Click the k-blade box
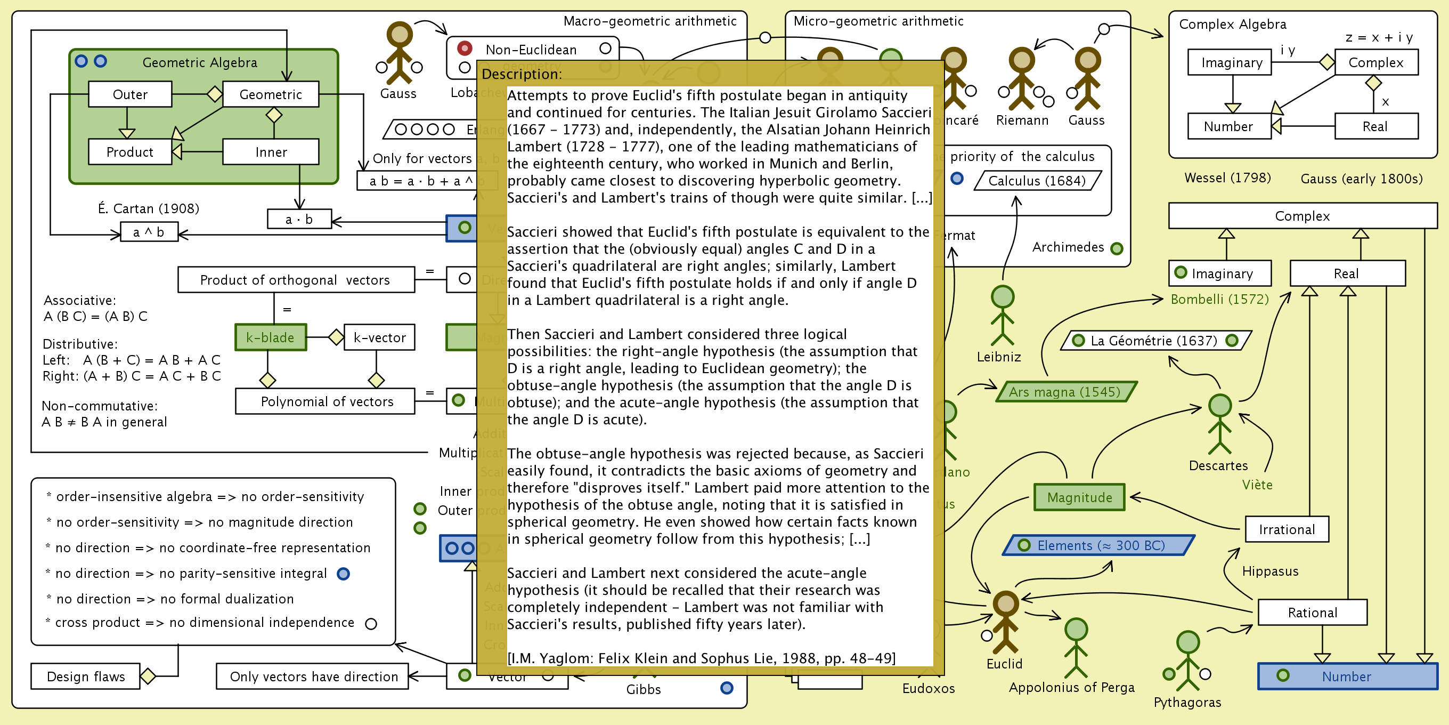(271, 337)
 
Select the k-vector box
(379, 337)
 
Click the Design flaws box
(85, 676)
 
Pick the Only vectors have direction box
(313, 676)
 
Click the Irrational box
(1287, 529)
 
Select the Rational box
(1312, 613)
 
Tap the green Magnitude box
(1079, 497)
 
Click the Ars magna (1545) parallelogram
(1065, 392)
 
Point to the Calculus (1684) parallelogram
(1036, 181)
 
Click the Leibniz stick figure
(1002, 315)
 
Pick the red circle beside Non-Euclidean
(464, 49)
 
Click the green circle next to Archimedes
(1117, 248)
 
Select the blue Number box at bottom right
(1347, 676)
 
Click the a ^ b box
(149, 232)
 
